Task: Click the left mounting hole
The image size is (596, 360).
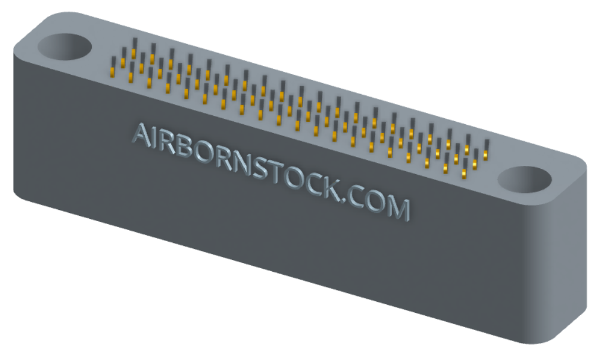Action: (65, 46)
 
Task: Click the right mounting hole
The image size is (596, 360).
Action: (525, 179)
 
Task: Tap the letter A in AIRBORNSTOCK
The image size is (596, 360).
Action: (141, 135)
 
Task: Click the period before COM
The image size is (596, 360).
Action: (347, 200)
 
